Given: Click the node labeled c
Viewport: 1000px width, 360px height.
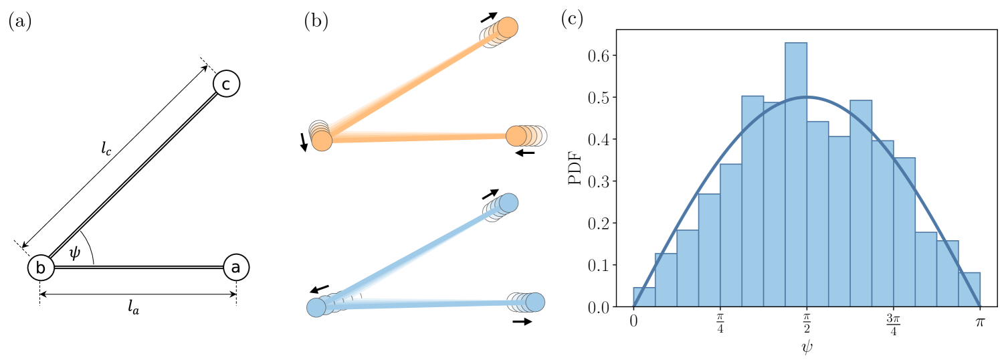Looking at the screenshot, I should tap(226, 84).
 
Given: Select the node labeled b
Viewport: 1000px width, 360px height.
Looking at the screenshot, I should tap(40, 268).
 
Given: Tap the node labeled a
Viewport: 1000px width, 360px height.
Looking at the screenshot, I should tap(235, 268).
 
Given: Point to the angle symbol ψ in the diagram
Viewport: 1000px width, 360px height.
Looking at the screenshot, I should tap(74, 252).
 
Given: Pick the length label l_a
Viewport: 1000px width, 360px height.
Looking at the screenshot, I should tap(138, 309).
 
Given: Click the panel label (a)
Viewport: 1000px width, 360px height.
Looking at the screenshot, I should tap(19, 21).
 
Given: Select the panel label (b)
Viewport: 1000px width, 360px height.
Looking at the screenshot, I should tap(316, 21).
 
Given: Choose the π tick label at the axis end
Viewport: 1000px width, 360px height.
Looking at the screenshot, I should tap(979, 323).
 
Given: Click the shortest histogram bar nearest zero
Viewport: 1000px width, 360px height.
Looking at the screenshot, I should tap(644, 297).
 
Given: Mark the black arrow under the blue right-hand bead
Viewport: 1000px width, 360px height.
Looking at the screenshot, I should tap(522, 322).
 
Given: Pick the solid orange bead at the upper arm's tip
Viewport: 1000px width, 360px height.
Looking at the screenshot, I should tap(508, 27).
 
